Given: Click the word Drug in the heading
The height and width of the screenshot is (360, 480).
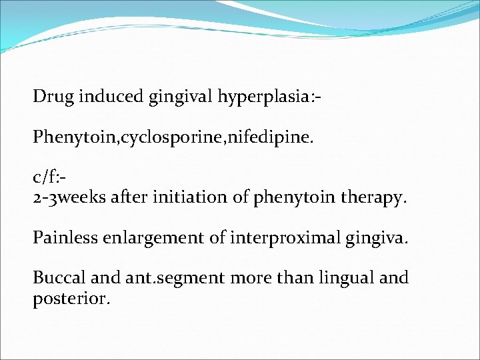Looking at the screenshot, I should (53, 97).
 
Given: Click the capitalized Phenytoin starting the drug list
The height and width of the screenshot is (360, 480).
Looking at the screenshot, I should (73, 139).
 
